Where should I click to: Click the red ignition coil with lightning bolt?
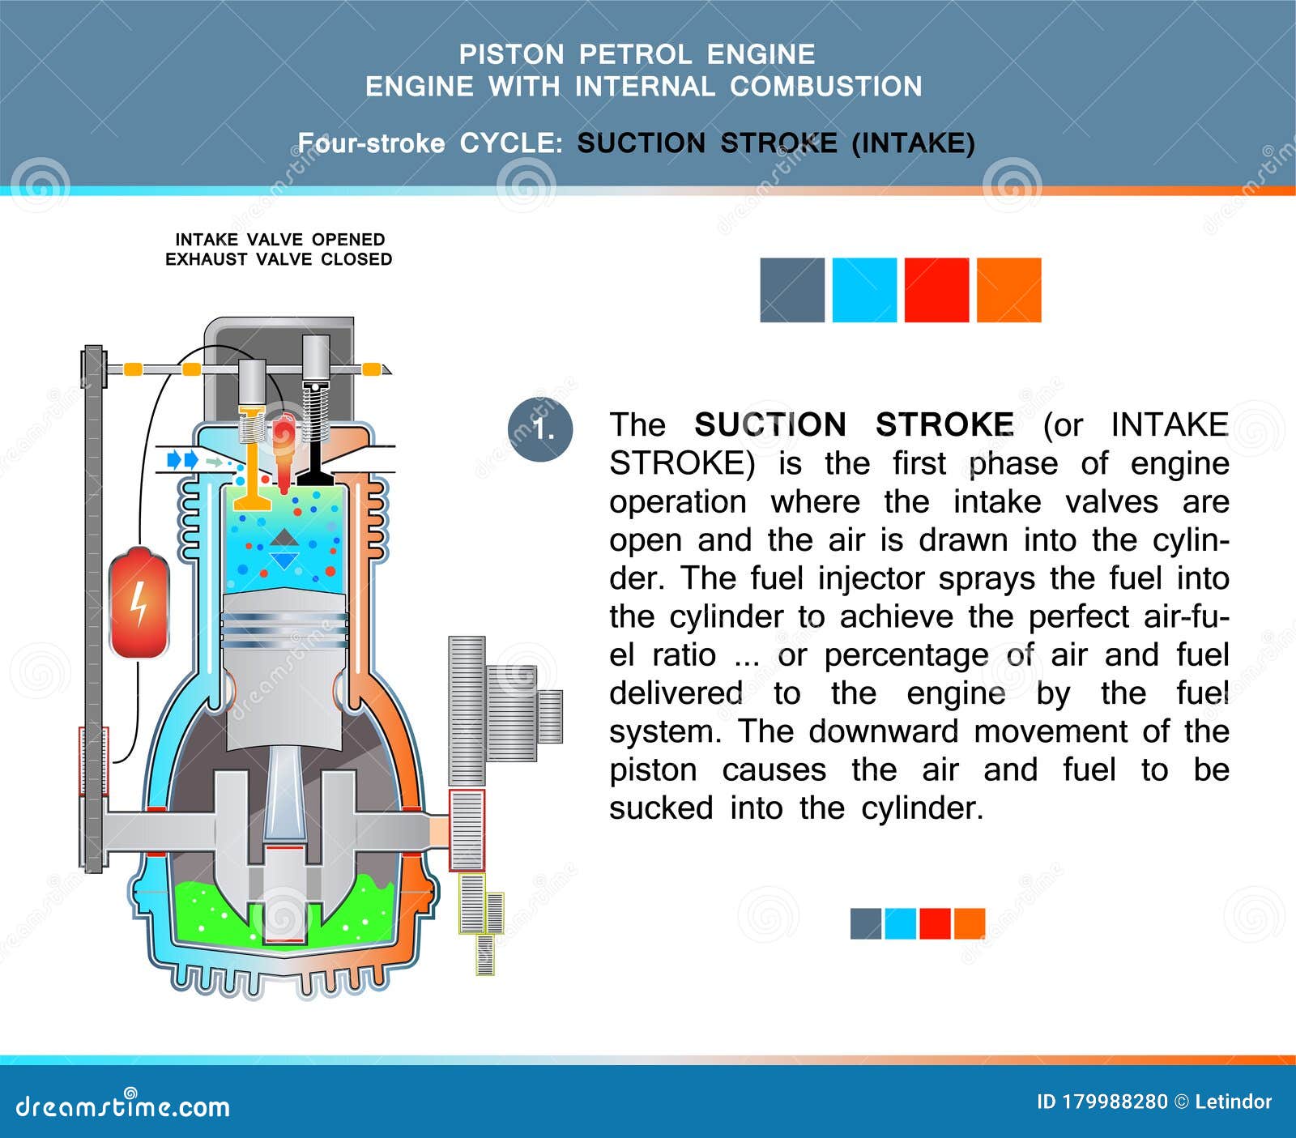139,603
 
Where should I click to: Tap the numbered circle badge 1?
540,429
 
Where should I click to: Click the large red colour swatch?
936,290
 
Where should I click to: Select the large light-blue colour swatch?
864,290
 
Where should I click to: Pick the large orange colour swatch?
1008,290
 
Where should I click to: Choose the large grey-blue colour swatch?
792,290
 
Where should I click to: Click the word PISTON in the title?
511,54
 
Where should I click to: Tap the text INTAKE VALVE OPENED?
279,240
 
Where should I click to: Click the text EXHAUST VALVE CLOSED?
279,259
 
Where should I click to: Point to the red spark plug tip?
283,478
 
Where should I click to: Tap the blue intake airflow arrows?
182,460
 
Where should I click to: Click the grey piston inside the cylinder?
284,664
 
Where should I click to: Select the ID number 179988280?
1115,1102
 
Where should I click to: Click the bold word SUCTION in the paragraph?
770,425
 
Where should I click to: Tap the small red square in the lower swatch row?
935,923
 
